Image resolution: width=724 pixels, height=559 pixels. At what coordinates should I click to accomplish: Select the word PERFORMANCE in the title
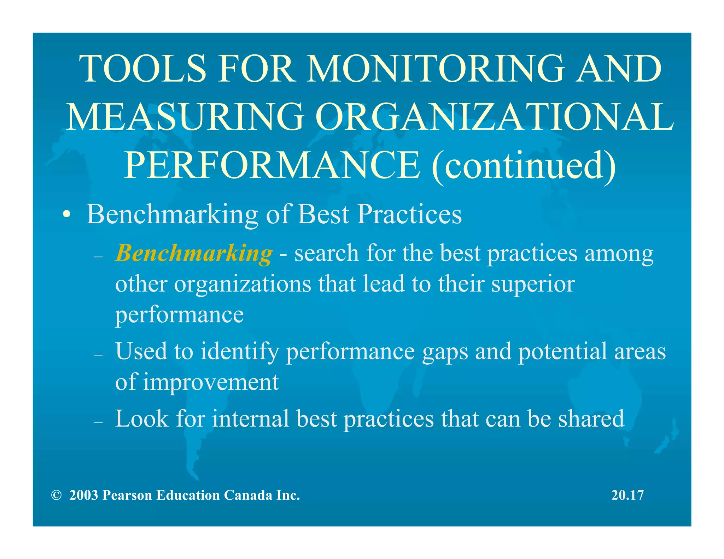pyautogui.click(x=272, y=165)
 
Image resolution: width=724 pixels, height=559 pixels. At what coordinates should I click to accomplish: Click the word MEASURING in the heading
pyautogui.click(x=185, y=117)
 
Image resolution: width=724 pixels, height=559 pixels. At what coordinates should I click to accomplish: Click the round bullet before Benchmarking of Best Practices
pyautogui.click(x=66, y=215)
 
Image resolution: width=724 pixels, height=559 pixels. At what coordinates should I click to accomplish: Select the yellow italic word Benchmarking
pyautogui.click(x=194, y=253)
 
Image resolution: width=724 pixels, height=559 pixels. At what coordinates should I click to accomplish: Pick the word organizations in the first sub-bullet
pyautogui.click(x=243, y=284)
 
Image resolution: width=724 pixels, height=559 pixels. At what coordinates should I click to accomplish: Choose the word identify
pyautogui.click(x=240, y=352)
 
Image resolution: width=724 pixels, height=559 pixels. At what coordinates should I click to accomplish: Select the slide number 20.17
pyautogui.click(x=627, y=495)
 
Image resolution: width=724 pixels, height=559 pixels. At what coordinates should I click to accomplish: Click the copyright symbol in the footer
pyautogui.click(x=56, y=495)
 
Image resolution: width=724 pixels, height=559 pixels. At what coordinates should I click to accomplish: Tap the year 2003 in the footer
pyautogui.click(x=83, y=495)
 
